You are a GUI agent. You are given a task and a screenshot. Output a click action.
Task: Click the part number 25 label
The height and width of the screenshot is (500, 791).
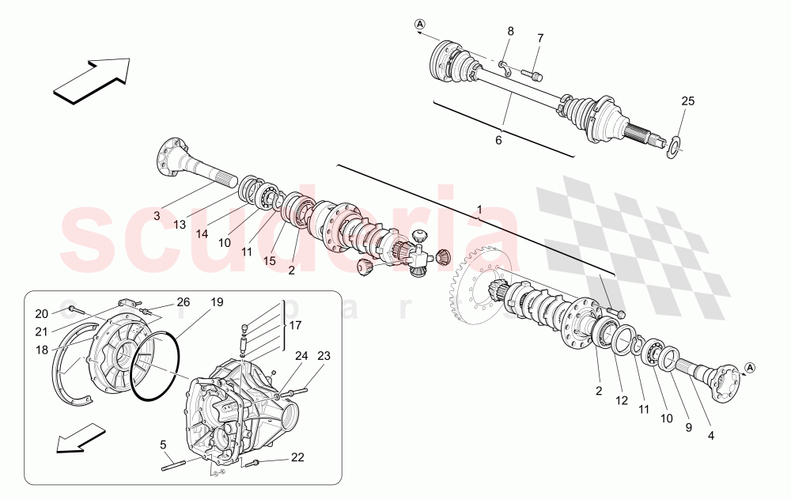[x=688, y=101]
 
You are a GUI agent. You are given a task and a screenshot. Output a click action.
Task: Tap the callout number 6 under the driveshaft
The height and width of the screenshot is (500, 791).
[x=498, y=140]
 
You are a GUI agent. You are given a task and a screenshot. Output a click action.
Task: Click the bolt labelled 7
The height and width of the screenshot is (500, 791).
[x=533, y=75]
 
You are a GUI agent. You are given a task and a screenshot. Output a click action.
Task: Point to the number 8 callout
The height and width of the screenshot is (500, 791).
[x=510, y=32]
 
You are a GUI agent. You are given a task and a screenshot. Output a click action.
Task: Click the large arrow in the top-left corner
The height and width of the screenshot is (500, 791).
[x=90, y=80]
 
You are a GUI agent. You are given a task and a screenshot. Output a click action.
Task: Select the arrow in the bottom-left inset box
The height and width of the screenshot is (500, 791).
[x=82, y=440]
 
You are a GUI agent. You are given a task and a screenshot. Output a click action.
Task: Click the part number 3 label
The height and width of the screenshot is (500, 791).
[x=157, y=215]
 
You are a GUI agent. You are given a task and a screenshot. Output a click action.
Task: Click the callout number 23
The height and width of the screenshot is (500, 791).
[x=323, y=355]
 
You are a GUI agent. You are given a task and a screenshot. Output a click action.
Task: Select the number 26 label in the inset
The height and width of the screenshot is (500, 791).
[x=183, y=301]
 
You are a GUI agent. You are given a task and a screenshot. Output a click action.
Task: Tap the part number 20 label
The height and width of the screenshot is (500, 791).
[x=41, y=312]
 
